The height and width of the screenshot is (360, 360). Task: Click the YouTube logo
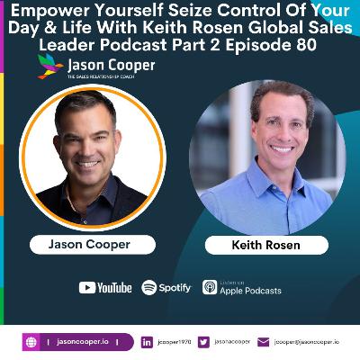click(x=104, y=288)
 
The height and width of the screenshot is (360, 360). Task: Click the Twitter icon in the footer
click(x=204, y=342)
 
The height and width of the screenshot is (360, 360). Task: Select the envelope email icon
click(x=263, y=342)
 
